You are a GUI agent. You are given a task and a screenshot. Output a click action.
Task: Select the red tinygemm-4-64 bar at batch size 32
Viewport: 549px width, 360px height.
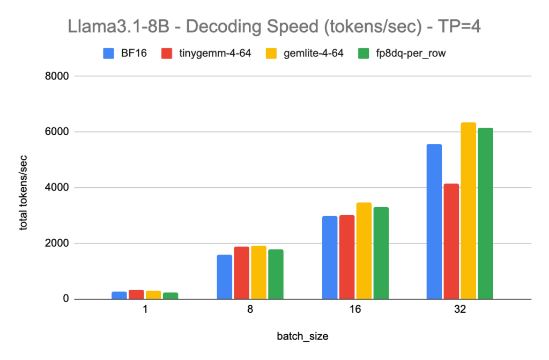point(451,241)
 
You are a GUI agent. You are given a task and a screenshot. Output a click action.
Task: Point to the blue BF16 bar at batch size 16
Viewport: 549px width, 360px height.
point(330,258)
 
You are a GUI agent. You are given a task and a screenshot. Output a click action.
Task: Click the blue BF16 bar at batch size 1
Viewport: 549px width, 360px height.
point(119,295)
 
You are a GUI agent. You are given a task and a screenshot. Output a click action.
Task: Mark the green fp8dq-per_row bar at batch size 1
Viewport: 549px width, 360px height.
point(170,296)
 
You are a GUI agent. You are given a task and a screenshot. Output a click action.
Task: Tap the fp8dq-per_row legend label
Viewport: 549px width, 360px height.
point(407,54)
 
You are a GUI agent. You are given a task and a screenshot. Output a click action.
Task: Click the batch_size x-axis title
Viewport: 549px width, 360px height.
point(302,336)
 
